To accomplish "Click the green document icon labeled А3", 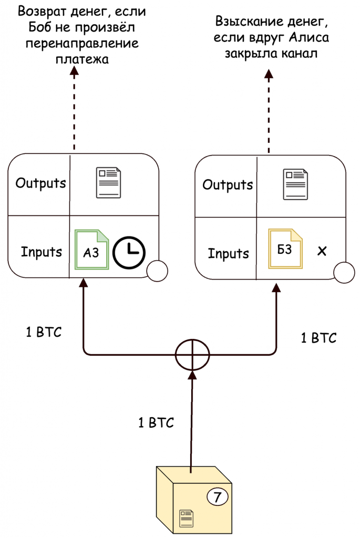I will click(x=91, y=250).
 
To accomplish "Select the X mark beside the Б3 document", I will click(x=322, y=251).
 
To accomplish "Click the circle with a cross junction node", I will click(x=192, y=355).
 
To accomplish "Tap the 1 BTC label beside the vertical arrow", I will click(x=156, y=423).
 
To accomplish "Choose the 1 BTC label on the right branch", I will click(x=318, y=337).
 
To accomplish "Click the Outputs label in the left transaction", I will click(x=40, y=183).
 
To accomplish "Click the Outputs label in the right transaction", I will click(x=228, y=185).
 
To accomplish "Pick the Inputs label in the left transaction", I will click(x=42, y=252).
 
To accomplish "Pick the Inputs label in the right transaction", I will click(x=228, y=253).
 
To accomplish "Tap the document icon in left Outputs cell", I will click(x=108, y=183).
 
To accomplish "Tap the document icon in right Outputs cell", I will click(x=295, y=184).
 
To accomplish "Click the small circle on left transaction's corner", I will click(x=157, y=271).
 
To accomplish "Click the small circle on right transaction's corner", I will click(x=344, y=272).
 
